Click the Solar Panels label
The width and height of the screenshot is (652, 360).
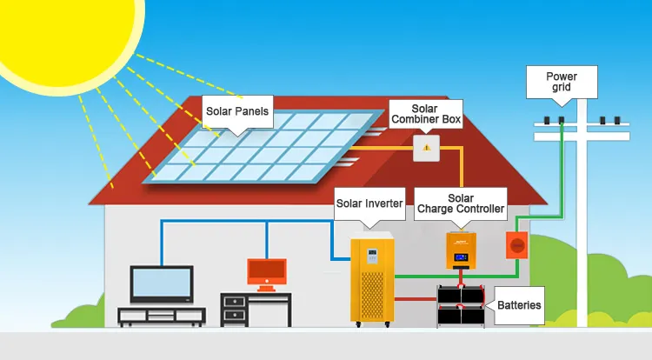pyautogui.click(x=236, y=111)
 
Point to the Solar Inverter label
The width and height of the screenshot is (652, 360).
pyautogui.click(x=369, y=203)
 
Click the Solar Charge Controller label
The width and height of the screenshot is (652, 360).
pyautogui.click(x=461, y=203)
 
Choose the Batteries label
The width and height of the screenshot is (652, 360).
pyautogui.click(x=519, y=304)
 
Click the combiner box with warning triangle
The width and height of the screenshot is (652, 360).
pyautogui.click(x=426, y=148)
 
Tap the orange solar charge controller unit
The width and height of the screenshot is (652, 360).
pyautogui.click(x=461, y=250)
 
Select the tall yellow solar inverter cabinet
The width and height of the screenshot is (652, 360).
pyautogui.click(x=372, y=278)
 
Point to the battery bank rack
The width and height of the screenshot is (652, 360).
pyautogui.click(x=461, y=305)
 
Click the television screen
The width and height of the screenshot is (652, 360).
pyautogui.click(x=162, y=282)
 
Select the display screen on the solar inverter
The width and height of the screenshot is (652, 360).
pyautogui.click(x=371, y=257)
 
